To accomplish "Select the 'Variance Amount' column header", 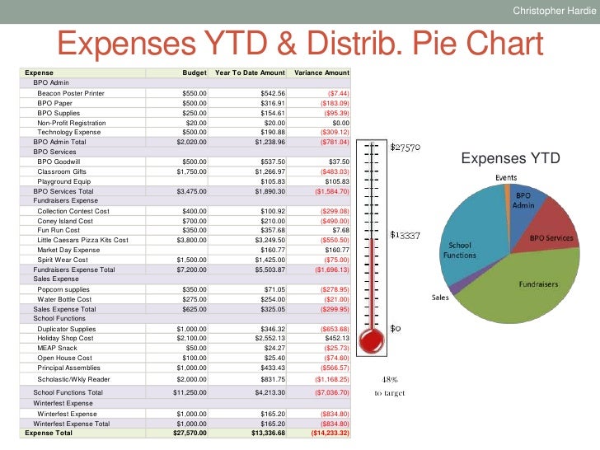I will click(321, 73).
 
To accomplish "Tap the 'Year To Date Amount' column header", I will click(250, 73).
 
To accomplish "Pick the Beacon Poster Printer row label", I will click(71, 93).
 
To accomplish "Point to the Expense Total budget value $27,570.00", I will click(187, 433).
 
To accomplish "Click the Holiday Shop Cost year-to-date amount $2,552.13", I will click(268, 338).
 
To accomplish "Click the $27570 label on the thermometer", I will click(405, 148).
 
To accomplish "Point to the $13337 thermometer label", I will click(405, 235).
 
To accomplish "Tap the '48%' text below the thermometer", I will click(391, 379).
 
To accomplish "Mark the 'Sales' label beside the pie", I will click(440, 298).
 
